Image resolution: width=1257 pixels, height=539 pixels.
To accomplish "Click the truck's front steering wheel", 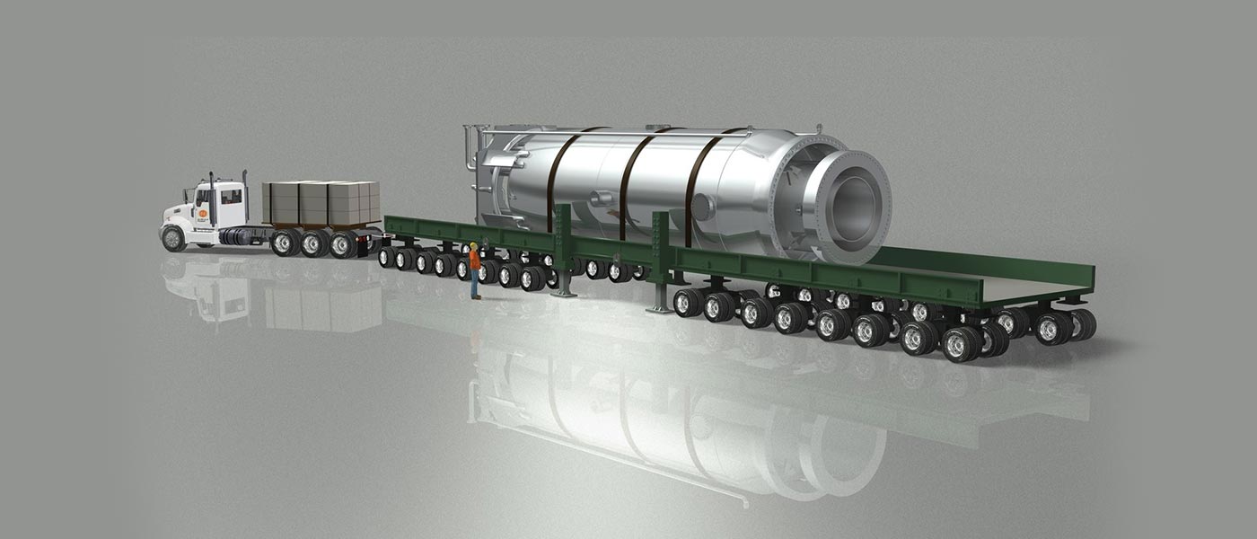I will (172, 238).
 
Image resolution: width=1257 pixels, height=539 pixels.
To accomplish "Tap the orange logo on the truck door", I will (203, 214).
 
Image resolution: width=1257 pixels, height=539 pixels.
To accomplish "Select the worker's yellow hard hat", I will (473, 244).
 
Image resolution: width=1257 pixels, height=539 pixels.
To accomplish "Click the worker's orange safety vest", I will (474, 260).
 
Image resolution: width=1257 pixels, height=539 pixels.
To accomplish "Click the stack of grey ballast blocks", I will (321, 202).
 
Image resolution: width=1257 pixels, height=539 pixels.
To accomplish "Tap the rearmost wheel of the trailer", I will (1081, 324).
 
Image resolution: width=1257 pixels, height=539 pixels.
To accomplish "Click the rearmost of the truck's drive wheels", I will (343, 244).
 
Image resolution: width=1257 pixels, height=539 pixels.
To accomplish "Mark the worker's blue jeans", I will (475, 283).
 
